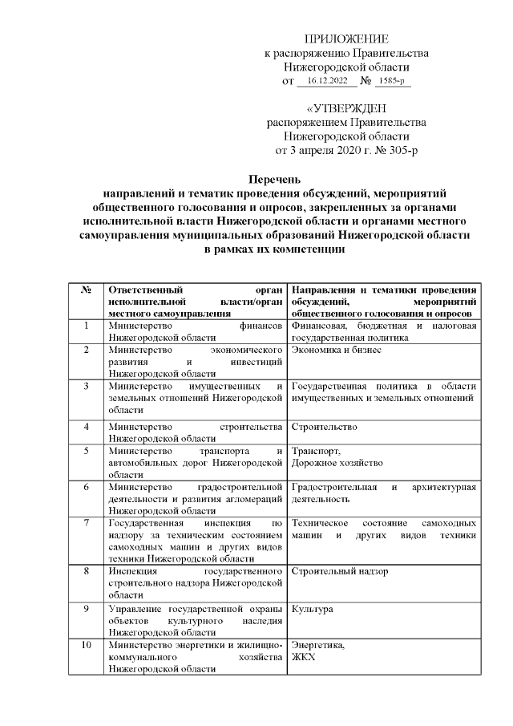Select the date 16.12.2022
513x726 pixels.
[327, 81]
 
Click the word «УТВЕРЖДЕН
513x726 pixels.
[346, 108]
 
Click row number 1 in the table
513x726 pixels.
[86, 326]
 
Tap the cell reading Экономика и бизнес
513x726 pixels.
[337, 350]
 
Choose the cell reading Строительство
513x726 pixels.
[325, 427]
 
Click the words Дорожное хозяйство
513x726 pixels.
[337, 463]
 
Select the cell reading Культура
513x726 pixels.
[313, 610]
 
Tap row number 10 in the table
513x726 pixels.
[86, 645]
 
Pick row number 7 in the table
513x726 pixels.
[86, 523]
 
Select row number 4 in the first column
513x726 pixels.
[86, 427]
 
